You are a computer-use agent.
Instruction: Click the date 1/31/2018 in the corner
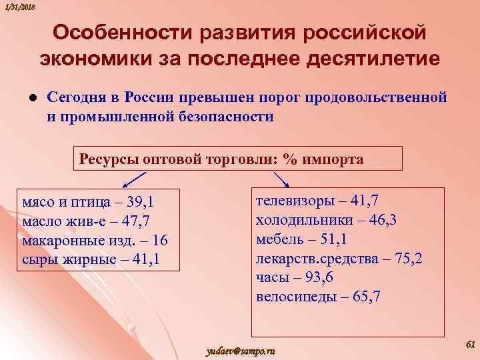click(19, 6)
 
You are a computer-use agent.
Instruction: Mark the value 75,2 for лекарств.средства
click(408, 259)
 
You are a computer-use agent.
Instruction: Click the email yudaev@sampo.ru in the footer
click(242, 351)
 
